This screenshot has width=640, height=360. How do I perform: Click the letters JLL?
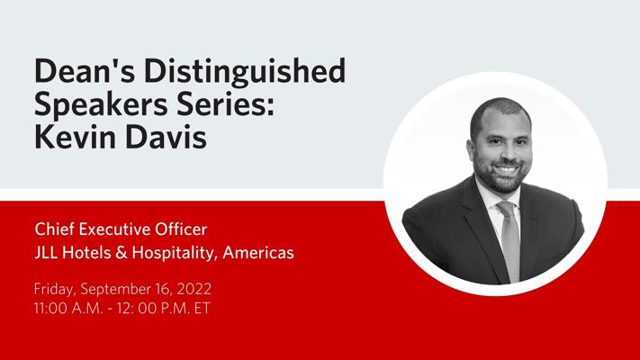point(48,253)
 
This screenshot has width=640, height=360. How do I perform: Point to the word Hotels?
point(91,253)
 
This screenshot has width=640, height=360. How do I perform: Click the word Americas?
point(260,253)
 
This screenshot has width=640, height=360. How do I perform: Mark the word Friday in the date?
point(53,290)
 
